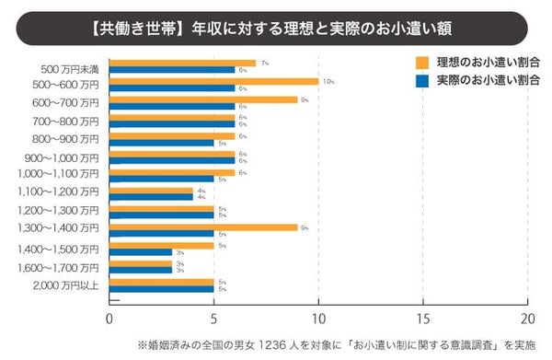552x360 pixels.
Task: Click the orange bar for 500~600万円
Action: click(x=213, y=81)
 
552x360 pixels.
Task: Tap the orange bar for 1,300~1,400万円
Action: click(x=203, y=226)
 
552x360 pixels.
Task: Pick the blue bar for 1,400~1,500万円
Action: click(x=140, y=252)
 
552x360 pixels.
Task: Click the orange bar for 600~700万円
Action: click(x=203, y=99)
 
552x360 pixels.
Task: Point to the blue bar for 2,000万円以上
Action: click(x=161, y=288)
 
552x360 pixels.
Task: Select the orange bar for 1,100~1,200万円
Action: click(x=151, y=190)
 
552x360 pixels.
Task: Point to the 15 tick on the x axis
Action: click(x=422, y=319)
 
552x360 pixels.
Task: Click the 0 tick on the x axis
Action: click(x=109, y=319)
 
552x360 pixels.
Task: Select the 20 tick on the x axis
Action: click(x=526, y=319)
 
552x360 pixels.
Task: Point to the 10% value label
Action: click(x=328, y=81)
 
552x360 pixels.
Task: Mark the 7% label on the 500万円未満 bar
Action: click(x=264, y=63)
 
